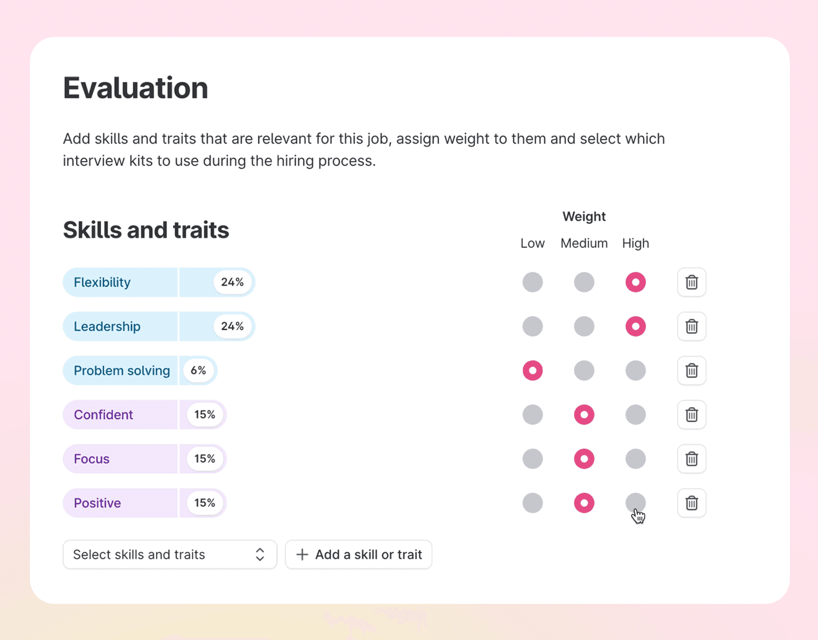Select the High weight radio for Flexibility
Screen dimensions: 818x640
[x=635, y=282]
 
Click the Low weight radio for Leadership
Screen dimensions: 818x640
[x=532, y=326]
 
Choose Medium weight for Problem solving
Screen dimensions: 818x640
[x=584, y=370]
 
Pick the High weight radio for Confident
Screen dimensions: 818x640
[x=635, y=414]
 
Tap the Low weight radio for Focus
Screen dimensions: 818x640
[x=532, y=459]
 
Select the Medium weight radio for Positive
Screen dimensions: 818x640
[x=584, y=503]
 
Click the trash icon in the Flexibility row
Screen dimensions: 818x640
[x=692, y=282]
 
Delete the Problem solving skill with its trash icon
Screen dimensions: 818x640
[x=692, y=370]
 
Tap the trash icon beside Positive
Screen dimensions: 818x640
[x=692, y=503]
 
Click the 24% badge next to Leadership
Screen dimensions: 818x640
[x=232, y=326]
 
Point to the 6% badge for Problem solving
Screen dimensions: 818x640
[x=198, y=370]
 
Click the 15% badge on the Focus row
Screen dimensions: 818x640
[x=205, y=459]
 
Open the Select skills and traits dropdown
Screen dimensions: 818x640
[x=170, y=555]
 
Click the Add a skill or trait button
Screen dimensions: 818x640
[x=359, y=555]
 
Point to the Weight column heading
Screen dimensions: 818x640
[x=584, y=216]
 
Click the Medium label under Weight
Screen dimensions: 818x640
[x=584, y=243]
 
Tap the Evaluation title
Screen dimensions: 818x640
[x=136, y=88]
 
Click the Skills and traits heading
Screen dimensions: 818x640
[x=146, y=230]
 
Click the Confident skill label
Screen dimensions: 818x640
[x=103, y=414]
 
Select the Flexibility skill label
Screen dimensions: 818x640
[x=102, y=282]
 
